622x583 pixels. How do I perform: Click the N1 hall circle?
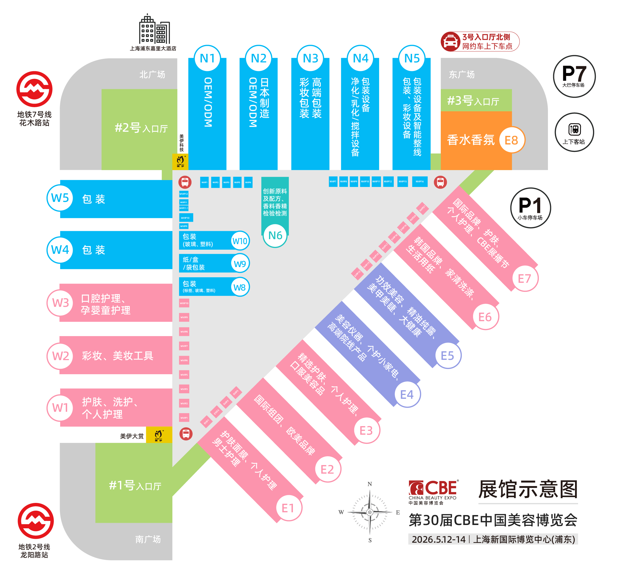(207, 59)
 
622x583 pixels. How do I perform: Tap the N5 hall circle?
(412, 59)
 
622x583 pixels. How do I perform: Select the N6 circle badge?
(275, 236)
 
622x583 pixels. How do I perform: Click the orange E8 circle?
(511, 140)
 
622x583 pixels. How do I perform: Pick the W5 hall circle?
(60, 198)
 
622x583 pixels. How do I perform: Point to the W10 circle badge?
(240, 241)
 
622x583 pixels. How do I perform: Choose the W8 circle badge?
(240, 287)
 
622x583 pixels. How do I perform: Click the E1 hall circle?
(288, 508)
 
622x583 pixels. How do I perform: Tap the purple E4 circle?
(407, 395)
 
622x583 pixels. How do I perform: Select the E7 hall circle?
(524, 279)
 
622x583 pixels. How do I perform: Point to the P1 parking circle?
(530, 208)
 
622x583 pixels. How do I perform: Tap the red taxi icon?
(450, 42)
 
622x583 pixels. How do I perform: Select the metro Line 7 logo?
(35, 89)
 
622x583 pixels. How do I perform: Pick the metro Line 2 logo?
(35, 521)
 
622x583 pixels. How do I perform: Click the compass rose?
(370, 512)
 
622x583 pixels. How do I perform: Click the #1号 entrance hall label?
(135, 486)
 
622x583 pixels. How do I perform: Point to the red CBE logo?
(433, 488)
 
